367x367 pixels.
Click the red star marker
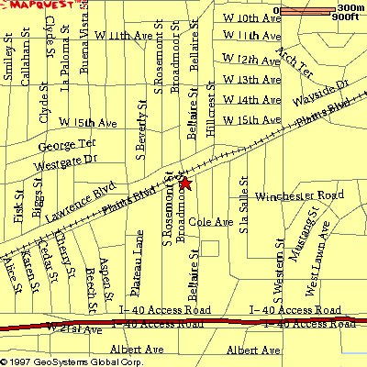click(x=184, y=183)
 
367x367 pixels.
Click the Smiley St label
click(x=8, y=67)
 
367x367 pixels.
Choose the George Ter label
click(x=66, y=145)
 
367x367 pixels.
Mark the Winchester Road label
click(x=298, y=196)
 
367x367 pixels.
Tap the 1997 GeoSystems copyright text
click(x=73, y=361)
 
